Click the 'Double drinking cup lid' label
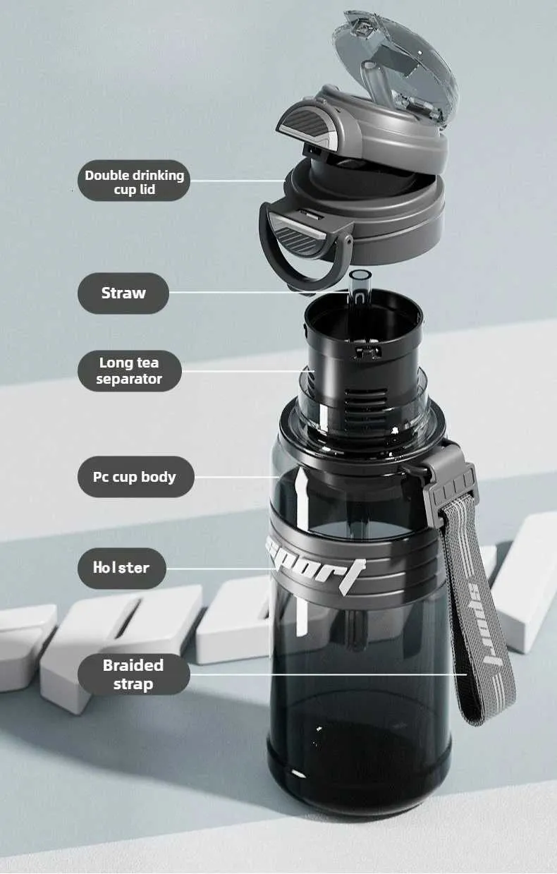tap(134, 181)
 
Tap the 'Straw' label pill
tap(123, 293)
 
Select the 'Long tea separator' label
tap(130, 371)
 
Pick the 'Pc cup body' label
tap(136, 477)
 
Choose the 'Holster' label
tap(122, 568)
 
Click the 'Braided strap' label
tap(134, 674)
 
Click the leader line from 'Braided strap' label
tap(329, 674)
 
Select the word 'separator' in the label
tap(129, 379)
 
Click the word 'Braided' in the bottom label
tap(133, 666)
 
